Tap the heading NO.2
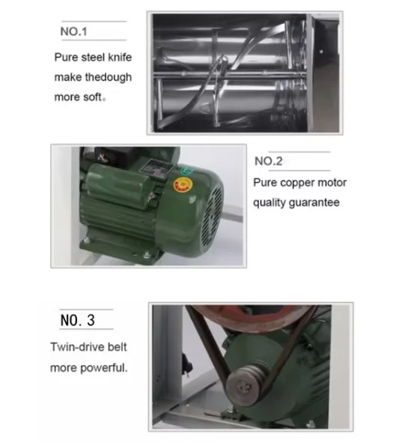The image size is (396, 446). tap(269, 160)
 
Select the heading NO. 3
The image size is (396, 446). tap(77, 320)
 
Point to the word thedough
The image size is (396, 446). tap(107, 76)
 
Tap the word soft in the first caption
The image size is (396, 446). tap(97, 97)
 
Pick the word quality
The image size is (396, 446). tap(269, 202)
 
